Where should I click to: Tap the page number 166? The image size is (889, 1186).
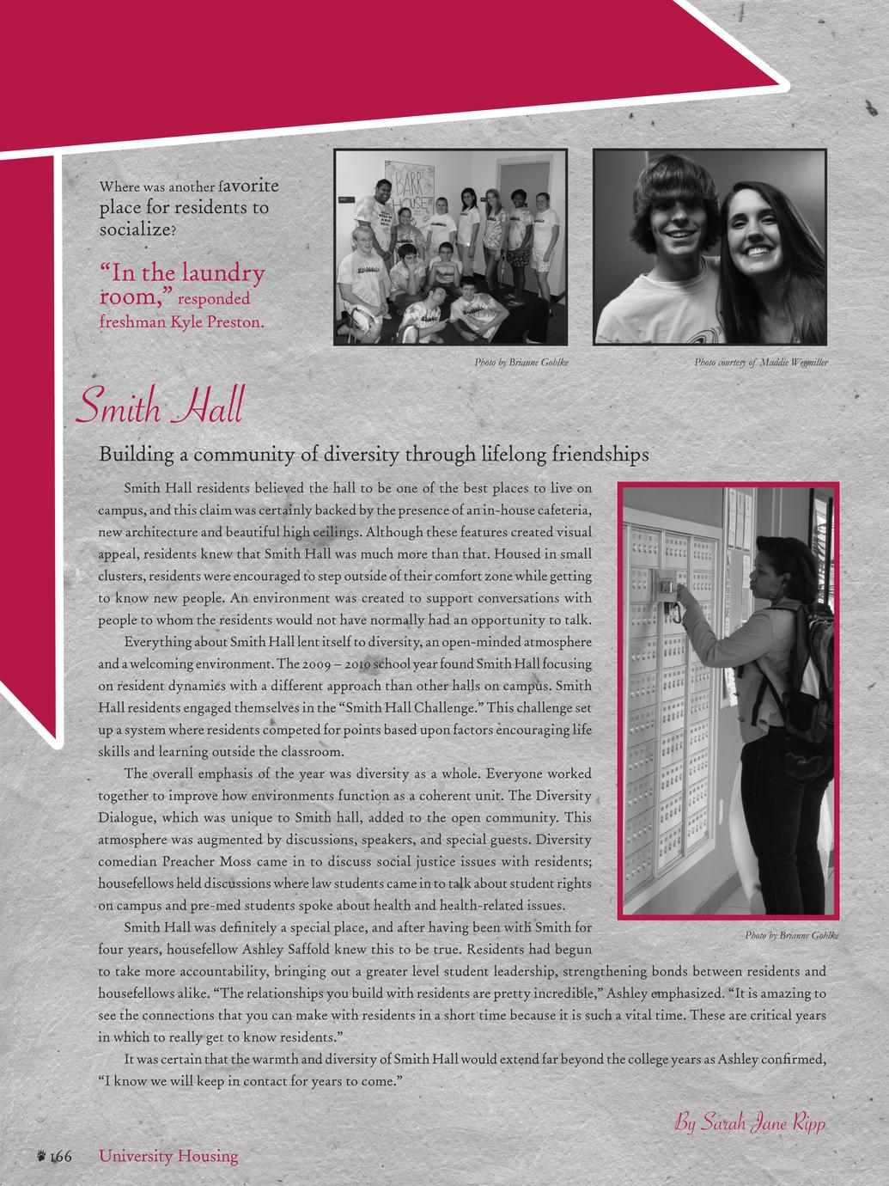click(59, 1157)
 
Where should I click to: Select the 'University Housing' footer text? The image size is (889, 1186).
click(168, 1156)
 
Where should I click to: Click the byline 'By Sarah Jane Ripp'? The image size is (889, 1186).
click(750, 1122)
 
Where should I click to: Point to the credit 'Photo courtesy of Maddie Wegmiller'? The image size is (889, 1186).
click(761, 363)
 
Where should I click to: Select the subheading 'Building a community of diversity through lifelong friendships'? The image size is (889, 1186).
click(374, 454)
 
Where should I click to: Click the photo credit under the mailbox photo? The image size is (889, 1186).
click(792, 935)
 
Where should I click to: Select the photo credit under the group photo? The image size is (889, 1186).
click(521, 363)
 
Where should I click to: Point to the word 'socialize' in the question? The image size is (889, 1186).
click(135, 229)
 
